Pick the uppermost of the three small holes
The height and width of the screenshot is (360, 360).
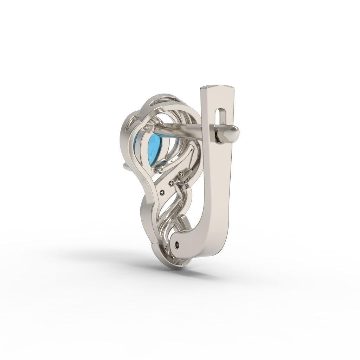click(x=181, y=173)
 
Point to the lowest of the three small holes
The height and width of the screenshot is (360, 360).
click(x=162, y=192)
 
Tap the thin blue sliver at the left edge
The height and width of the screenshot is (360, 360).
click(x=136, y=144)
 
